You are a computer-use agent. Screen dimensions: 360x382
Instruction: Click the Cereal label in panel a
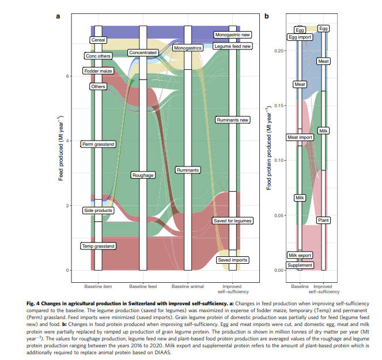(98, 40)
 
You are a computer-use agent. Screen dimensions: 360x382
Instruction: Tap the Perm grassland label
(99, 143)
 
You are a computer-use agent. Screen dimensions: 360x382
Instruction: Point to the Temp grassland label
(99, 246)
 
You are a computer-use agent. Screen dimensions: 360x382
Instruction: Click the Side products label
(98, 211)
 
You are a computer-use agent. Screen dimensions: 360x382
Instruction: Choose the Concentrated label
(143, 52)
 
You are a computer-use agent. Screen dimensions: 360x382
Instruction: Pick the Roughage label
(143, 175)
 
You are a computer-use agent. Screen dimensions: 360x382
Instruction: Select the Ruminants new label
(232, 120)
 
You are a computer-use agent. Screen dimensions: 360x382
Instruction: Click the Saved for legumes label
(232, 221)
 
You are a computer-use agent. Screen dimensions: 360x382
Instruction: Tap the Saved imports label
(232, 260)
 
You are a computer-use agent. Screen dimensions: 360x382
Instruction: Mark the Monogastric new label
(232, 35)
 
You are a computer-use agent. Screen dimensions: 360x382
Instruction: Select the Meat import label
(300, 137)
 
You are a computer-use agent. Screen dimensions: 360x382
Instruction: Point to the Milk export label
(300, 255)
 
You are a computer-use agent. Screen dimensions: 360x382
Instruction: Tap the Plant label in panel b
(323, 220)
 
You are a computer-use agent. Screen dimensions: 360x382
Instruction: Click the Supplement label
(300, 265)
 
